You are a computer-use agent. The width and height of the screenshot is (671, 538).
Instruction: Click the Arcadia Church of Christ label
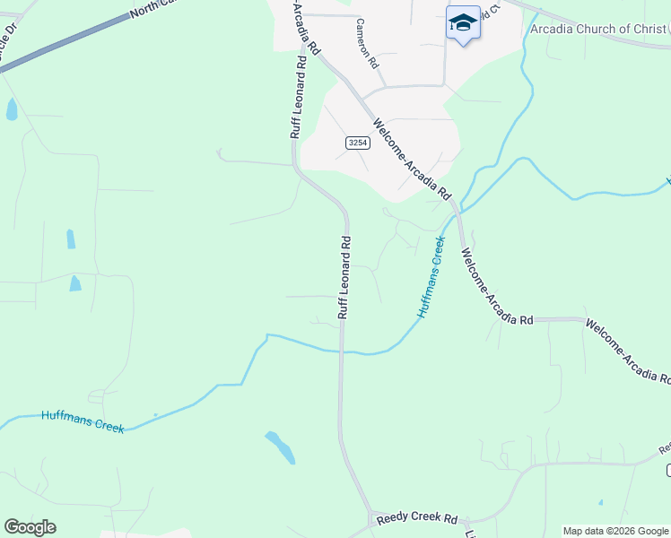point(598,30)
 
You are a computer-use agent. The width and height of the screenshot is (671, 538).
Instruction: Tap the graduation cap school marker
point(463,22)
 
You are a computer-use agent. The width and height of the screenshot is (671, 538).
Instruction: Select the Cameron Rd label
point(368,45)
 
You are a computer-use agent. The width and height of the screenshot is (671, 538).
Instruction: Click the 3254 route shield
point(357,143)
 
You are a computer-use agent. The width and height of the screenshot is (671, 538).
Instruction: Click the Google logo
point(30,527)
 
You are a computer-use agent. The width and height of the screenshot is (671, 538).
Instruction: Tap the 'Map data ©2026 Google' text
point(615,531)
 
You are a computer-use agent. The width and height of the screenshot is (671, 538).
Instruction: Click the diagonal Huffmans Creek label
point(431,277)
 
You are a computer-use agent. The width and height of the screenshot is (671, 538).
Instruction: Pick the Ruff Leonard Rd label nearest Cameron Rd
point(298,99)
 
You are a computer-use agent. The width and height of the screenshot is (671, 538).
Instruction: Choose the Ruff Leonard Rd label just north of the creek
point(344,277)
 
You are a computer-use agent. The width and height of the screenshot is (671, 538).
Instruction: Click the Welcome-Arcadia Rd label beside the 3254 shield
point(411,159)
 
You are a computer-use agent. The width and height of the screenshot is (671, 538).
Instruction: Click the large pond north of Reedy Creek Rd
point(281,447)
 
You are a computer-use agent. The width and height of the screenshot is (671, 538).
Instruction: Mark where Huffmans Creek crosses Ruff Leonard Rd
point(341,351)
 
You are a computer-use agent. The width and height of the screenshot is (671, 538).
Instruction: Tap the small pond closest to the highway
point(12,110)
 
